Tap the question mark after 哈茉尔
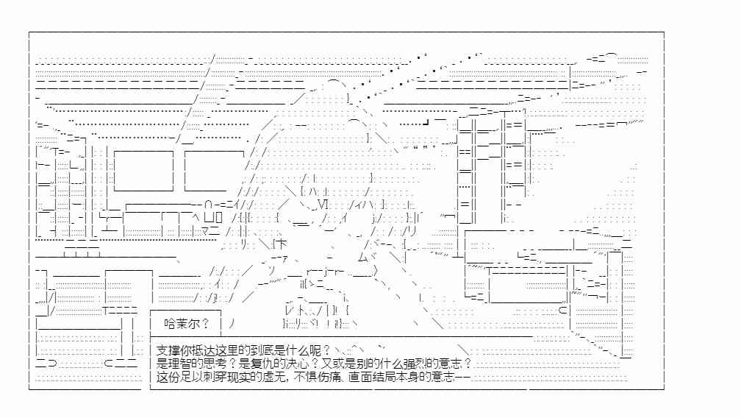pos(205,324)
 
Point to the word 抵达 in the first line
pos(203,351)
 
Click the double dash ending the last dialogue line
pos(462,377)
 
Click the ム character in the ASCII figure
pos(362,258)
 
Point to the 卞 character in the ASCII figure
pos(281,244)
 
